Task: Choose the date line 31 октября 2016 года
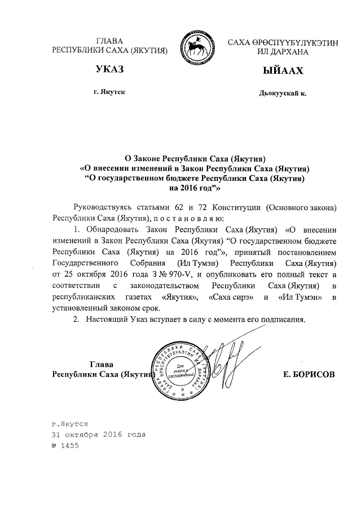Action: coord(98,434)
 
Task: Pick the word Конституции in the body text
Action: coord(239,207)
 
